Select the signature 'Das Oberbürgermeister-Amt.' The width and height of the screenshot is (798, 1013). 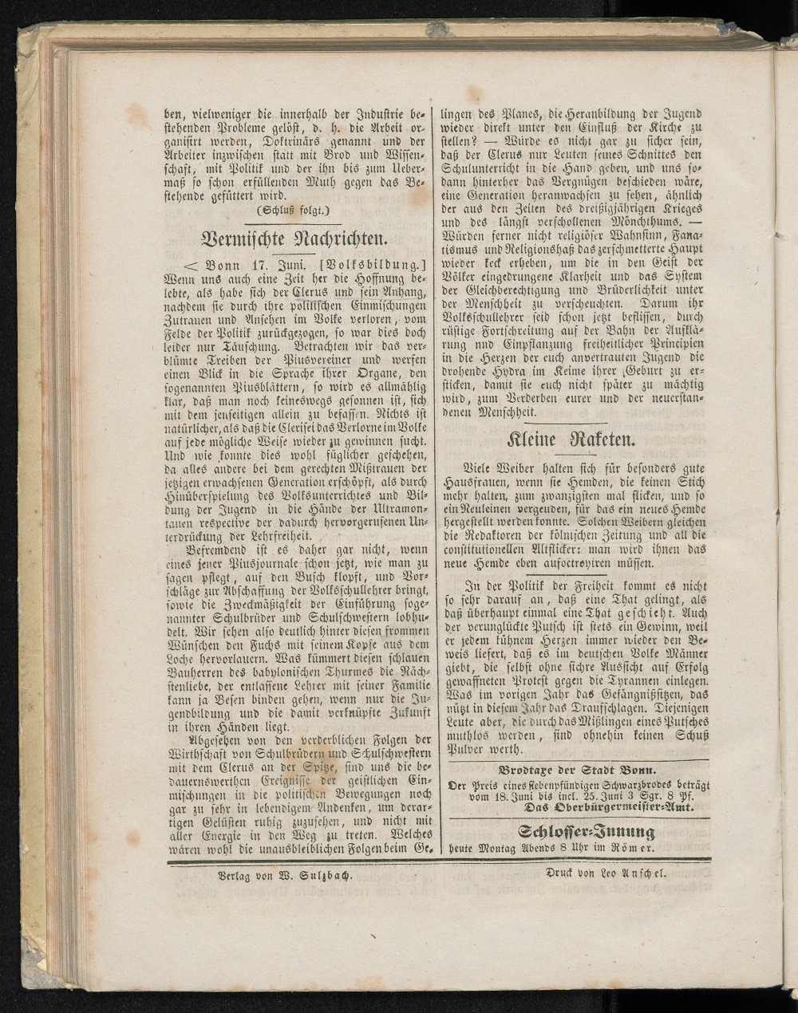tap(606, 808)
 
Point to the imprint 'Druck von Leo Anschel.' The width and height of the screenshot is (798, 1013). tap(605, 873)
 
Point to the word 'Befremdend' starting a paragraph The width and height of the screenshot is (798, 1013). tap(219, 550)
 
